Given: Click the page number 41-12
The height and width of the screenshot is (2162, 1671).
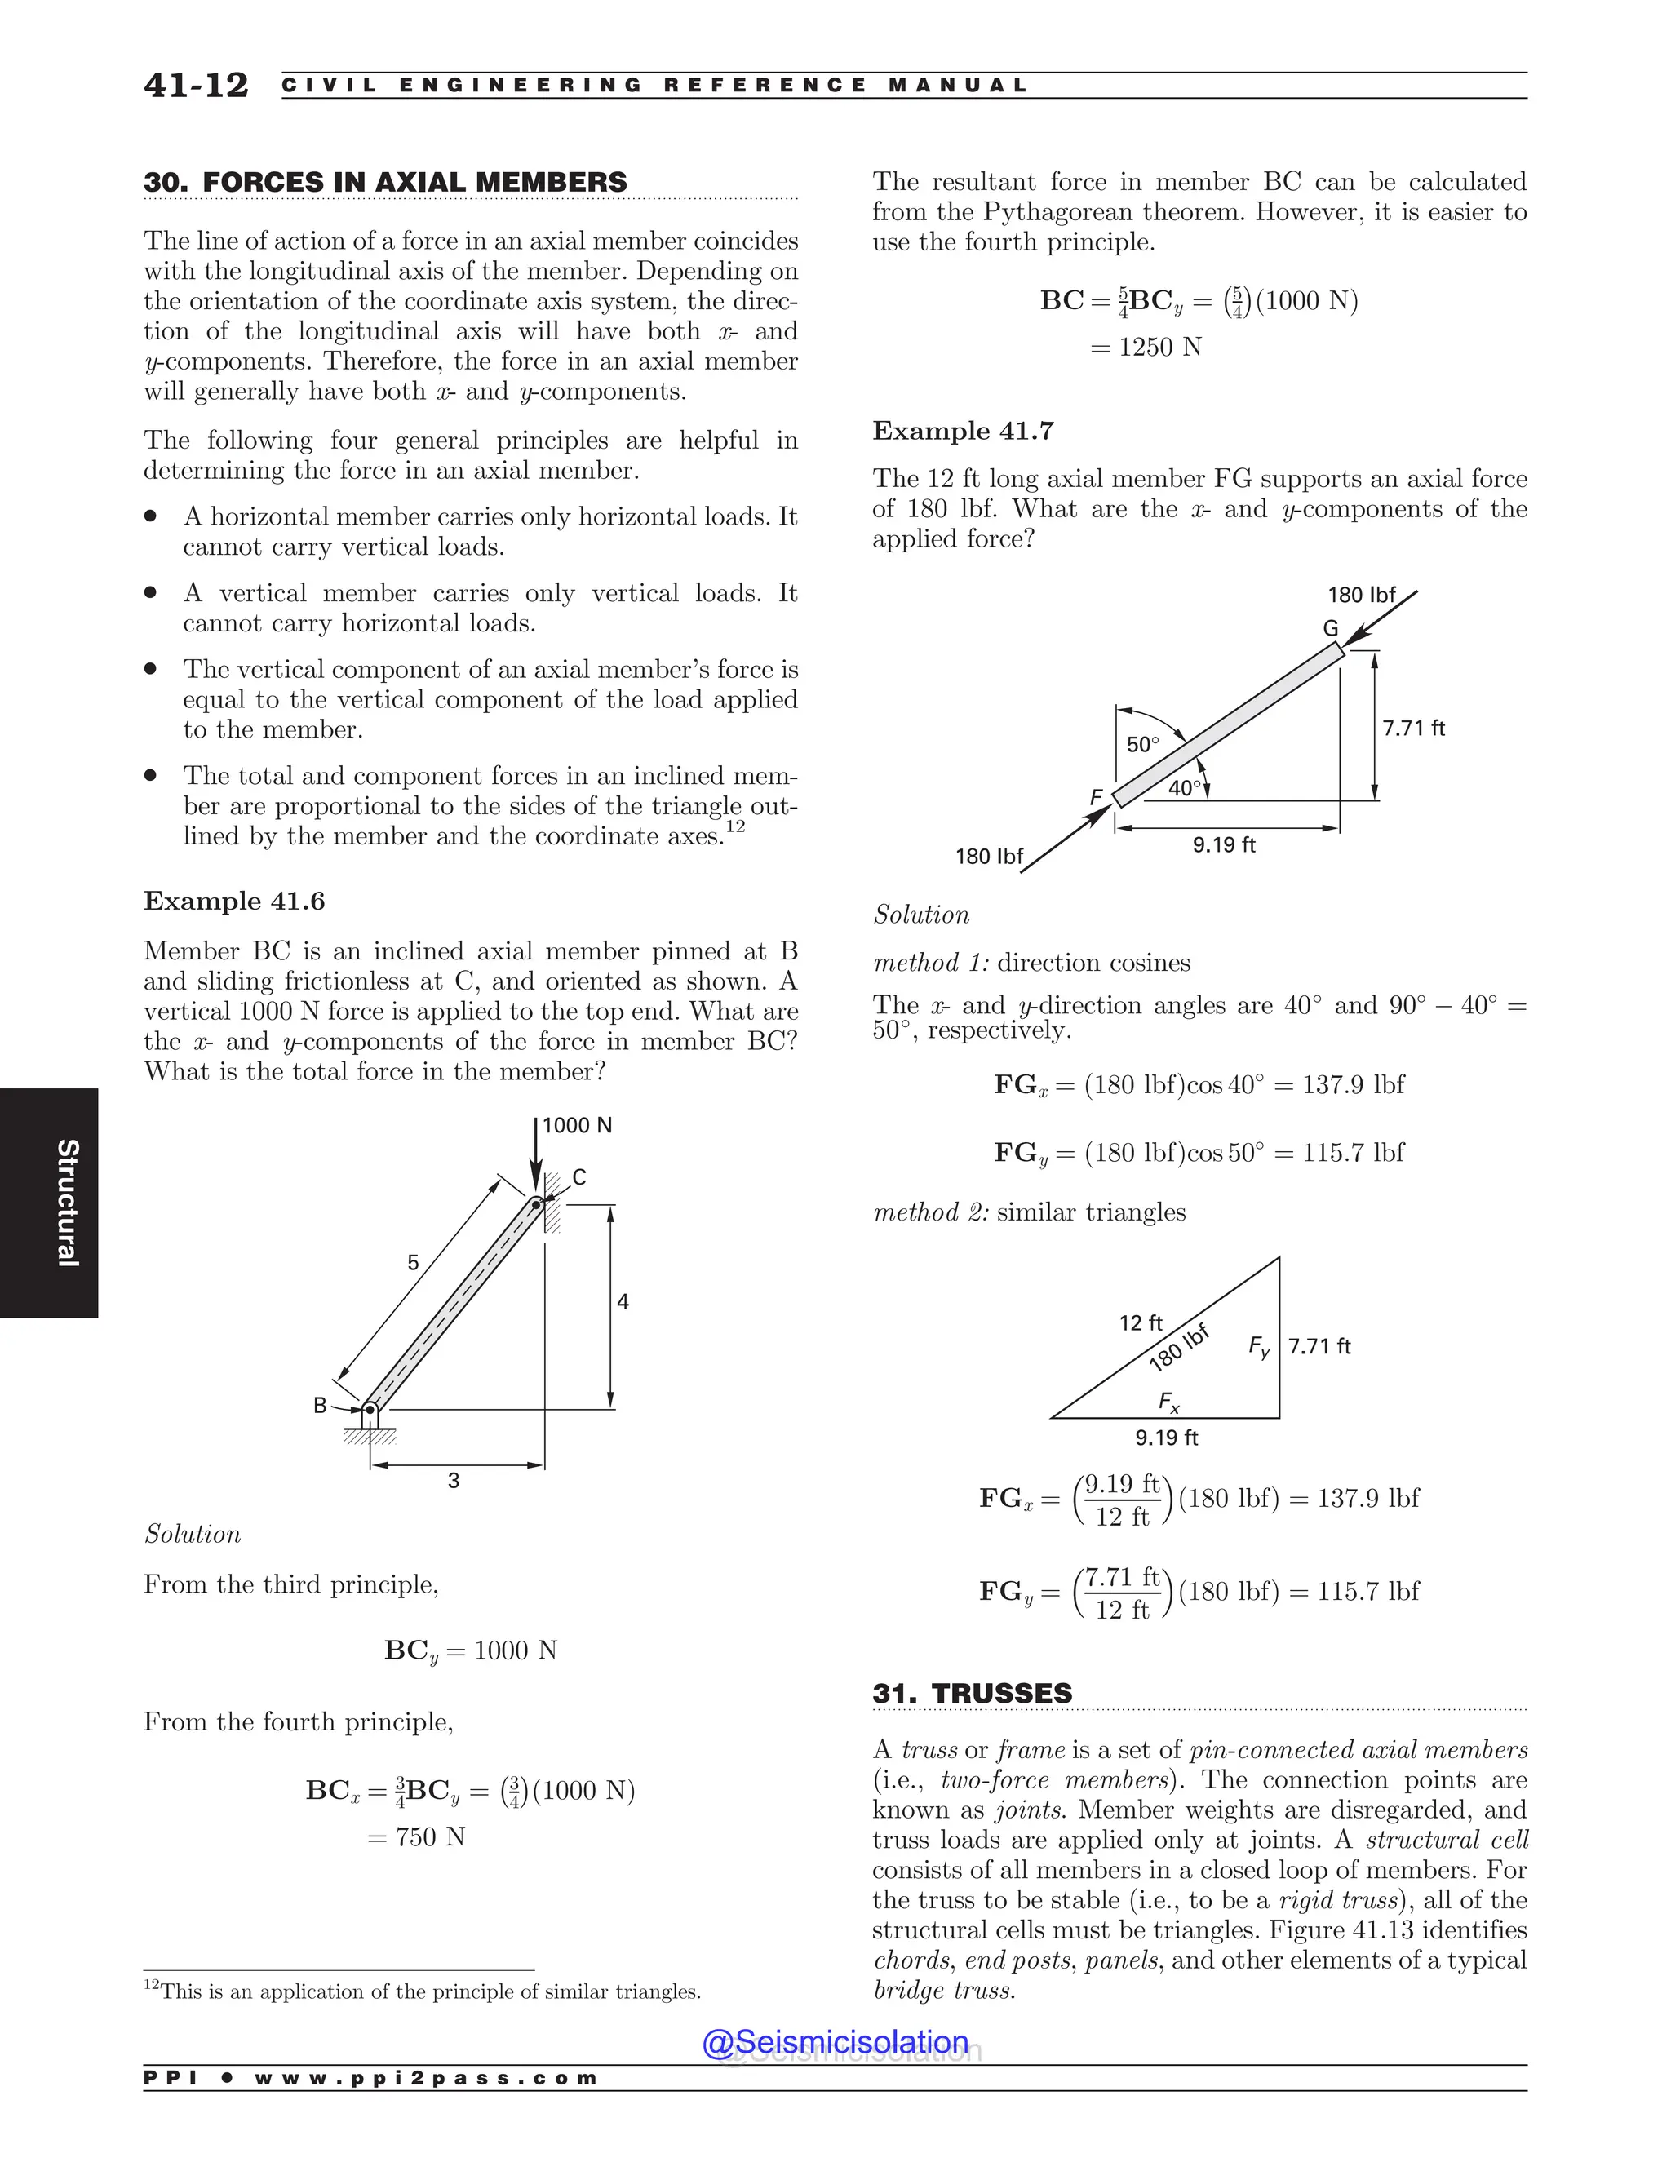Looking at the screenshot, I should pyautogui.click(x=196, y=85).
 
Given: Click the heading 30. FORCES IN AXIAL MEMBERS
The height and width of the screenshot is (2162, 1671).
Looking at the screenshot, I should pyautogui.click(x=385, y=182).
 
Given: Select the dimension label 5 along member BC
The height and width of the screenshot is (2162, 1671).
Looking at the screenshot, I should pyautogui.click(x=413, y=1263).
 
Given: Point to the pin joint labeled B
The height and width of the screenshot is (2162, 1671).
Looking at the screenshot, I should pyautogui.click(x=370, y=1409).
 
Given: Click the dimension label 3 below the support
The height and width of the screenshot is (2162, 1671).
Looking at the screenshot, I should pyautogui.click(x=454, y=1481).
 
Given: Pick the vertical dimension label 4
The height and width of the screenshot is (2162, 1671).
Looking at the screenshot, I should pyautogui.click(x=623, y=1303).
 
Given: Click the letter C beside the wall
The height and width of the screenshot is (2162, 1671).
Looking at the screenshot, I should pyautogui.click(x=579, y=1177).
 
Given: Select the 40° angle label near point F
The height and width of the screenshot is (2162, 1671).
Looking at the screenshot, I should pyautogui.click(x=1184, y=789).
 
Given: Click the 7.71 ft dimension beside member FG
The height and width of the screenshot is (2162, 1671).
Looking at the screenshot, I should pyautogui.click(x=1414, y=729).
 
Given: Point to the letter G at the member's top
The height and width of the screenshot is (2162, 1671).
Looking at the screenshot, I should pyautogui.click(x=1331, y=628).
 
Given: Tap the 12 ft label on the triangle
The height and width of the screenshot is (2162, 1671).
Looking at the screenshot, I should pyautogui.click(x=1141, y=1322).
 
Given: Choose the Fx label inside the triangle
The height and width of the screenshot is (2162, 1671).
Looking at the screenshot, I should pyautogui.click(x=1169, y=1402).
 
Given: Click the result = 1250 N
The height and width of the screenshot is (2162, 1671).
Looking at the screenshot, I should pyautogui.click(x=1146, y=348).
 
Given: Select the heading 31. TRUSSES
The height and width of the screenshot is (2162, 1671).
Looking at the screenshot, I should pyautogui.click(x=972, y=1694).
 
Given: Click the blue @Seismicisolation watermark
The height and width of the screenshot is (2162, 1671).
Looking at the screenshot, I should pyautogui.click(x=835, y=2042).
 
